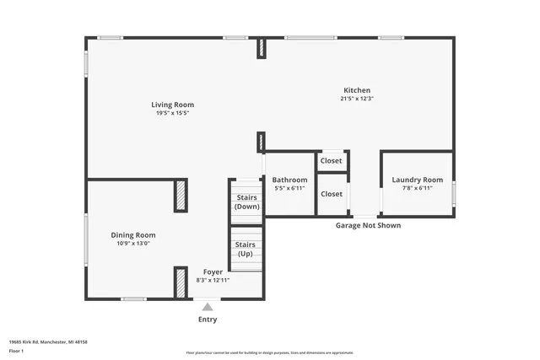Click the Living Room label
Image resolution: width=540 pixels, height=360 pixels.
click(172, 105)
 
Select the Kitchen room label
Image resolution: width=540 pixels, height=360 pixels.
click(356, 91)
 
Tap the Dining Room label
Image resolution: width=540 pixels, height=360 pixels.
click(133, 235)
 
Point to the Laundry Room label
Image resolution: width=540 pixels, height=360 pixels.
click(417, 180)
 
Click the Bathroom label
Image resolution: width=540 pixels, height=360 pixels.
click(289, 180)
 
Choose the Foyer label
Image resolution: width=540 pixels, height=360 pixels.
click(213, 271)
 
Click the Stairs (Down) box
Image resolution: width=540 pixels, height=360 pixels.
click(246, 202)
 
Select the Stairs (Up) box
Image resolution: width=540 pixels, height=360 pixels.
click(246, 250)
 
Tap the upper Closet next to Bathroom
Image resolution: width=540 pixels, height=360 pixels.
click(331, 160)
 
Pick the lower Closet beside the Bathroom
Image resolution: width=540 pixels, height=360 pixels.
click(331, 194)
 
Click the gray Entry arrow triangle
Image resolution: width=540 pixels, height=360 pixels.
click(208, 307)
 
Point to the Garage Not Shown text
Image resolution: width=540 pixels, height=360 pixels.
click(368, 225)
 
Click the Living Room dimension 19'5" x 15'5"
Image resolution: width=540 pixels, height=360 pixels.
click(172, 114)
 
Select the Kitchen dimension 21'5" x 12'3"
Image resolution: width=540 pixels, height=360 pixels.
click(356, 99)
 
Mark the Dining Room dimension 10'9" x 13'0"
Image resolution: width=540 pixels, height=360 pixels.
click(133, 244)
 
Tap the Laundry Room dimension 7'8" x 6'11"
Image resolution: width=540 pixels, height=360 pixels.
click(417, 188)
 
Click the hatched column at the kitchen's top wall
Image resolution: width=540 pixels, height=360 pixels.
click(262, 48)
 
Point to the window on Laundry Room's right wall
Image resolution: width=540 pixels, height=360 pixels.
click(454, 194)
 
